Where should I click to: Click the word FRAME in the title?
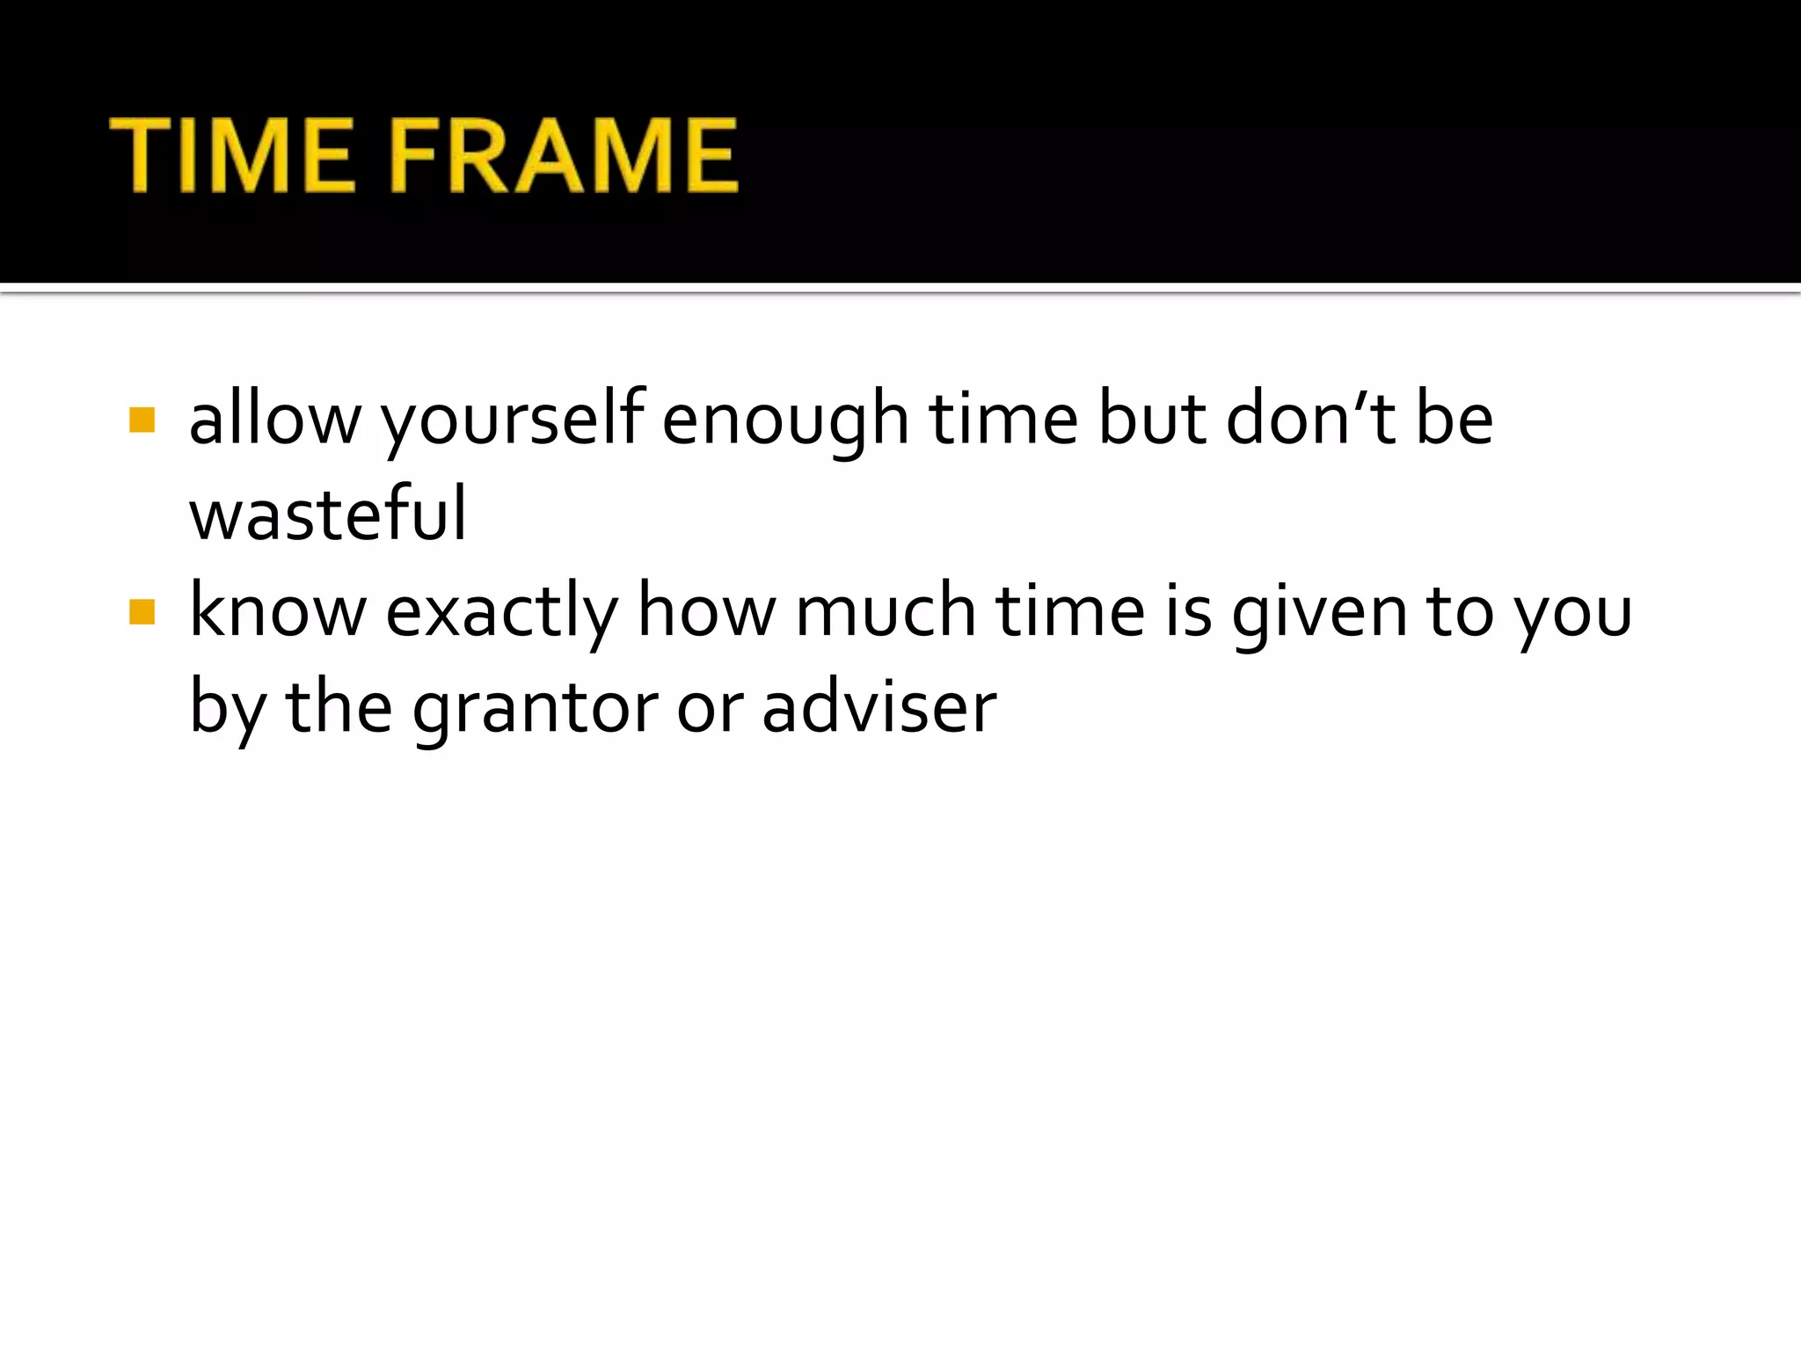(x=563, y=156)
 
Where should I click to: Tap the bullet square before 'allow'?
(x=142, y=420)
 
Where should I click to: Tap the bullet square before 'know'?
(x=142, y=611)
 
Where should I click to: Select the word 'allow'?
(x=275, y=420)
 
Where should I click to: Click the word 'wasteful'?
(x=328, y=515)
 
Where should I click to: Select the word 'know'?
(x=278, y=610)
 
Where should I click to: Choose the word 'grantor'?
(x=535, y=709)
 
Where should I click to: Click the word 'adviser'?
(x=879, y=707)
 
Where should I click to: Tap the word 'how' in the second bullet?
(x=707, y=610)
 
